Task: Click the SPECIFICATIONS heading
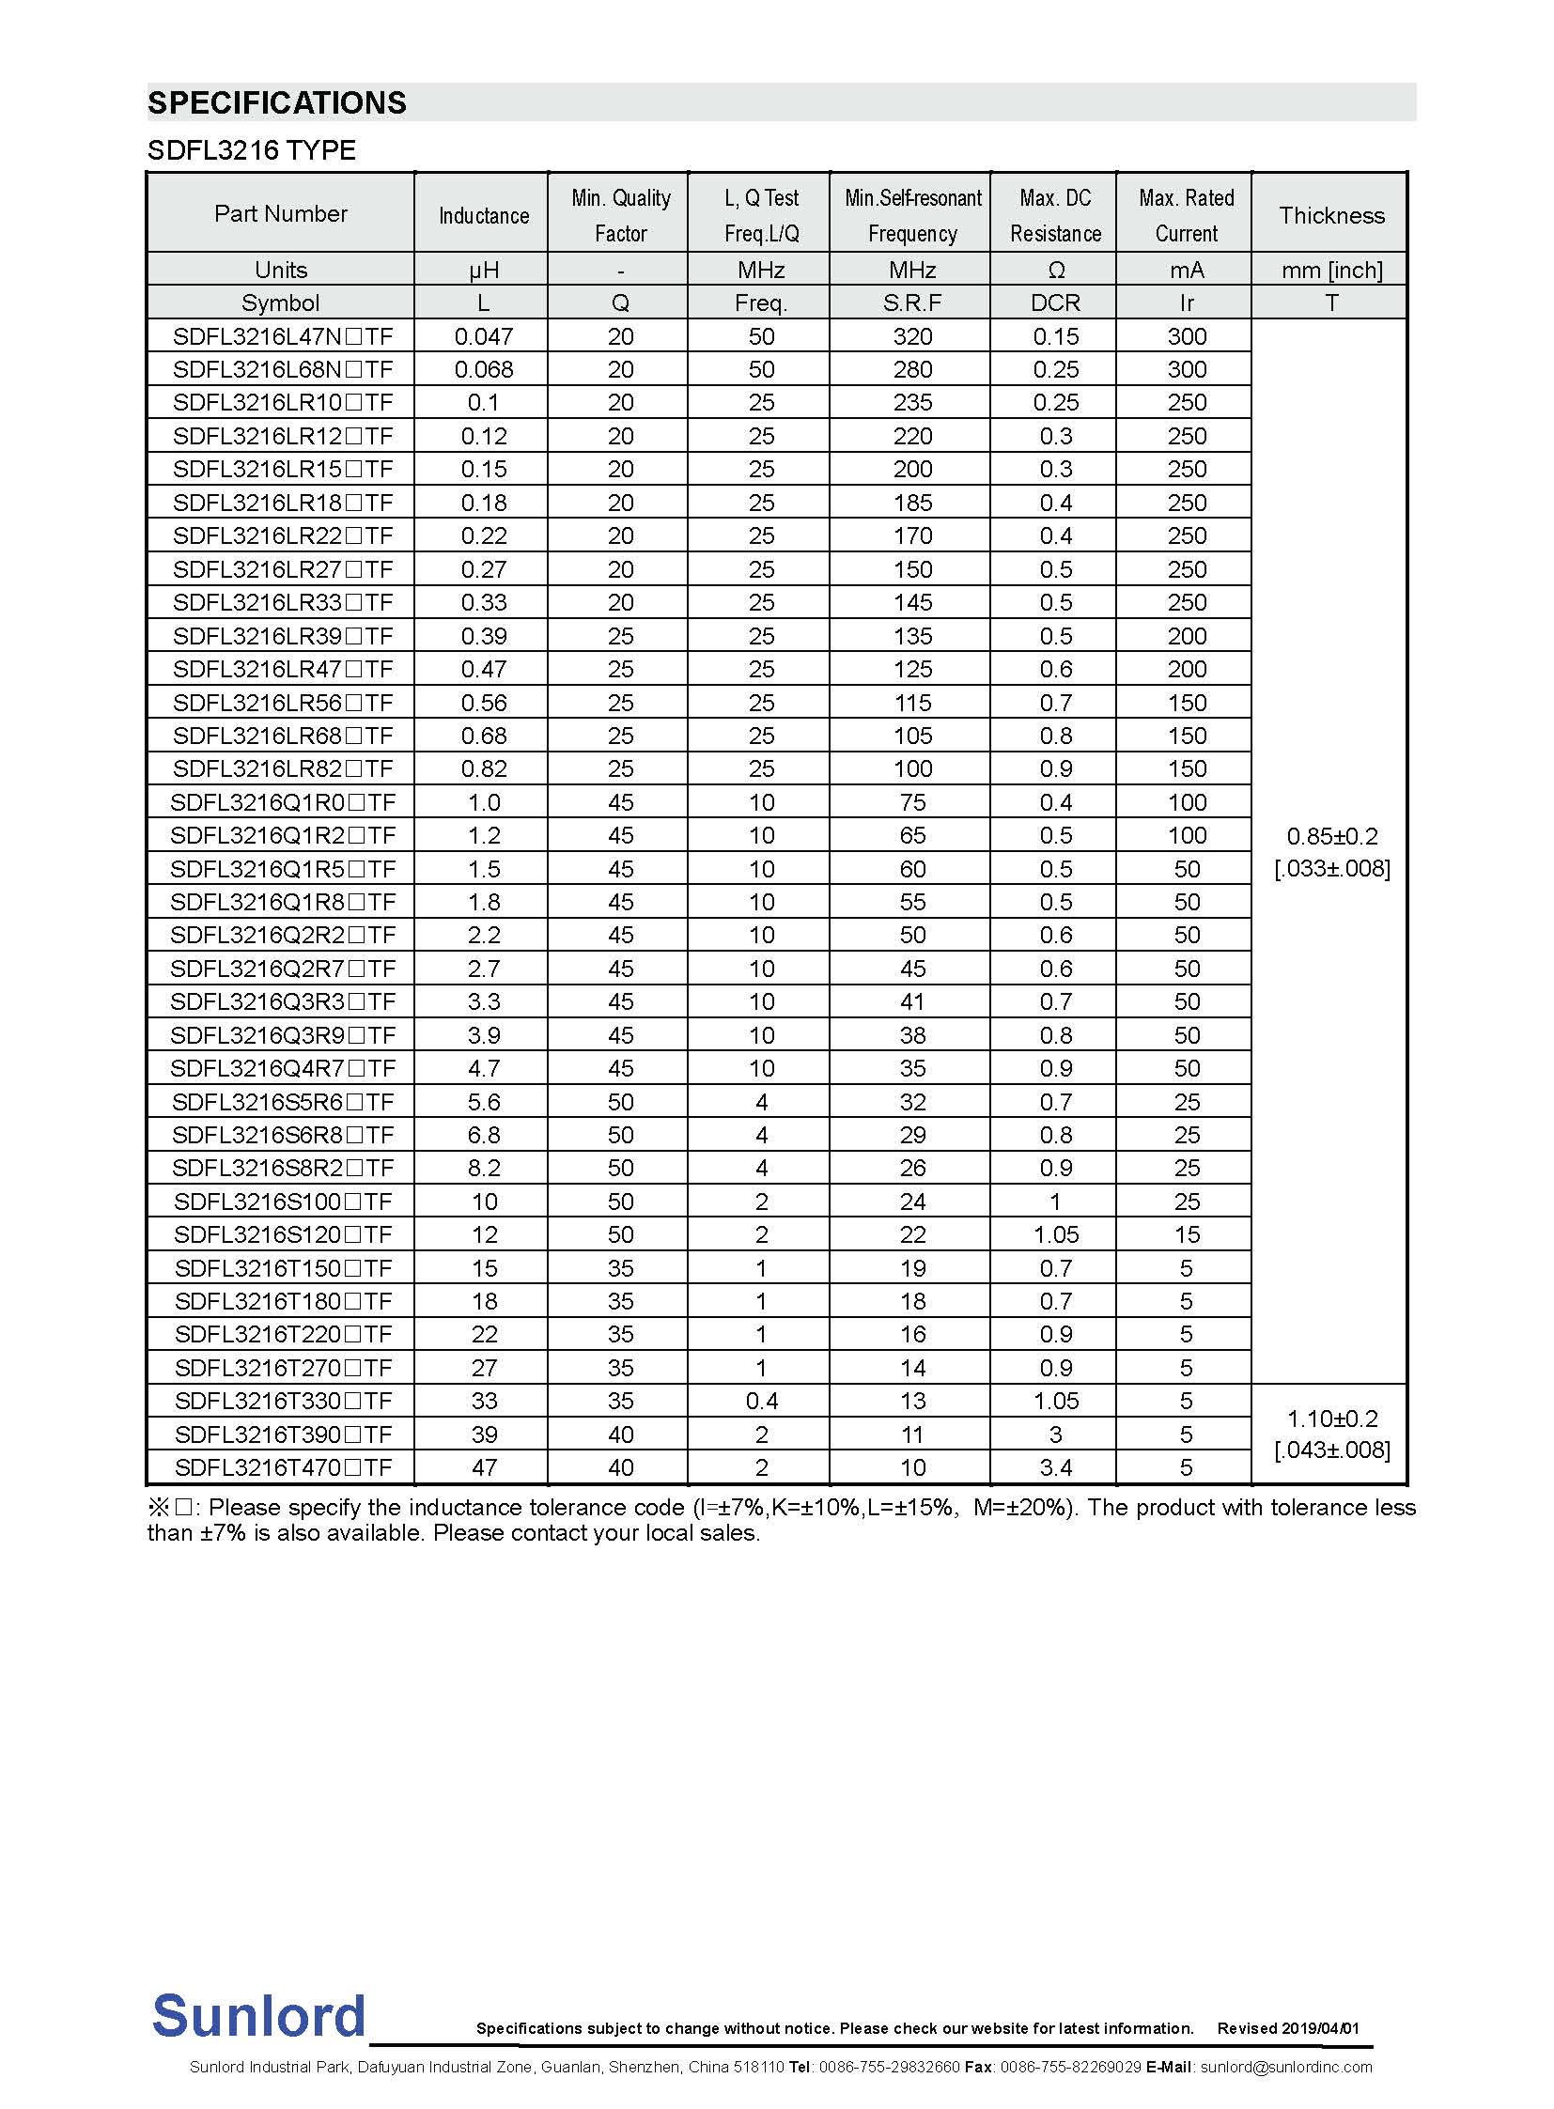(277, 102)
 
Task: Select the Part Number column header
(280, 213)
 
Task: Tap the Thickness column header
(1331, 215)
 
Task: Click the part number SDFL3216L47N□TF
(282, 335)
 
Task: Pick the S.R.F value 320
(912, 335)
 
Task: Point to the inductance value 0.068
(484, 369)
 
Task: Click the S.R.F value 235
(912, 403)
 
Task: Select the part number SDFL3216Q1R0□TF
(282, 802)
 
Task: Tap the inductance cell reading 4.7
(484, 1069)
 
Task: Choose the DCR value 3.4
(1055, 1467)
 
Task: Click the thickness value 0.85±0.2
(1331, 836)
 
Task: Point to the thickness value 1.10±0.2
(1331, 1419)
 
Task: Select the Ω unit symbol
(1056, 270)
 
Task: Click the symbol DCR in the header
(1055, 302)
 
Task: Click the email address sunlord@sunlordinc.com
(1286, 2067)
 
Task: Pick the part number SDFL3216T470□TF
(282, 1467)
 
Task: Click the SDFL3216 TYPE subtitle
(252, 150)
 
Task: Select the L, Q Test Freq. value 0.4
(761, 1401)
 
